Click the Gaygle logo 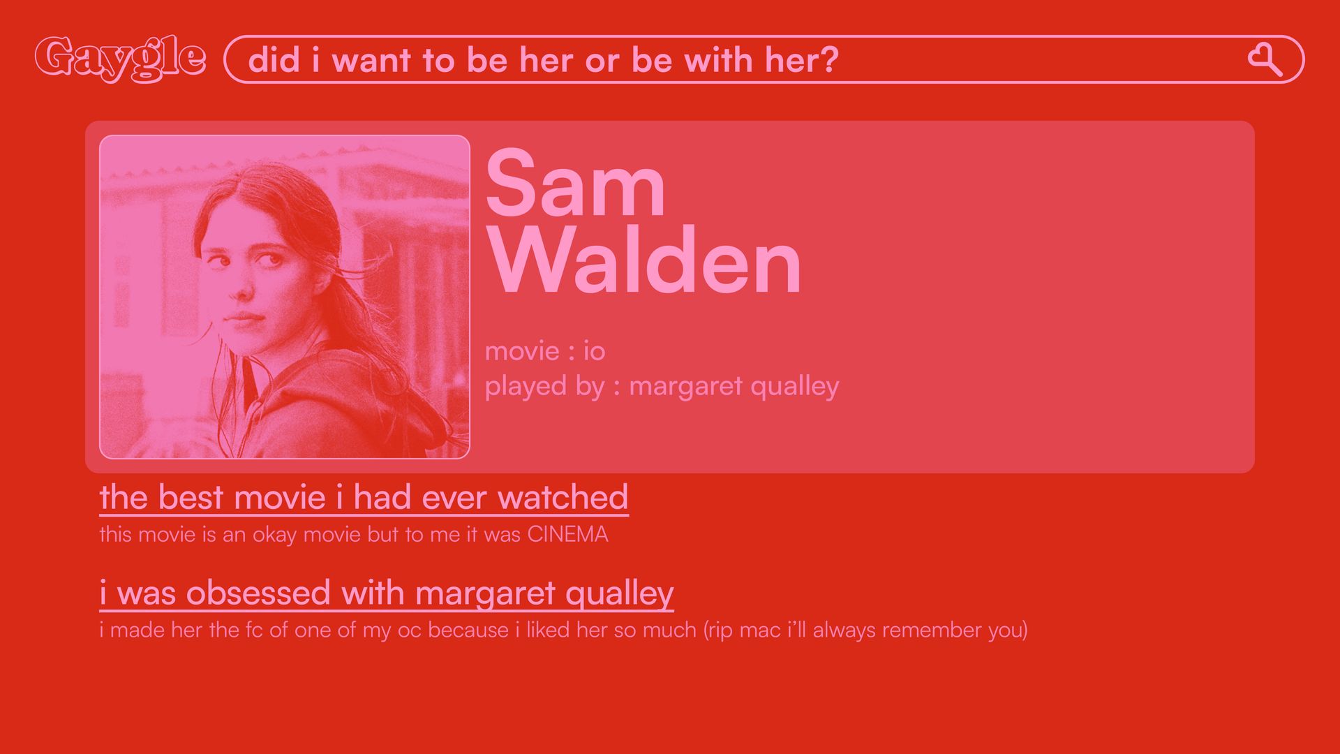tap(120, 59)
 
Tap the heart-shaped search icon tap(1265, 59)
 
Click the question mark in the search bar tap(829, 59)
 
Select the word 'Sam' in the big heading tap(575, 184)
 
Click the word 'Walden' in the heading tap(644, 261)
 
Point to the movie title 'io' tap(594, 350)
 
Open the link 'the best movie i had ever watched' tap(364, 498)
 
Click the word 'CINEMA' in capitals tap(567, 534)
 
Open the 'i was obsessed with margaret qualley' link tap(387, 594)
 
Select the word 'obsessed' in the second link tap(258, 593)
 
